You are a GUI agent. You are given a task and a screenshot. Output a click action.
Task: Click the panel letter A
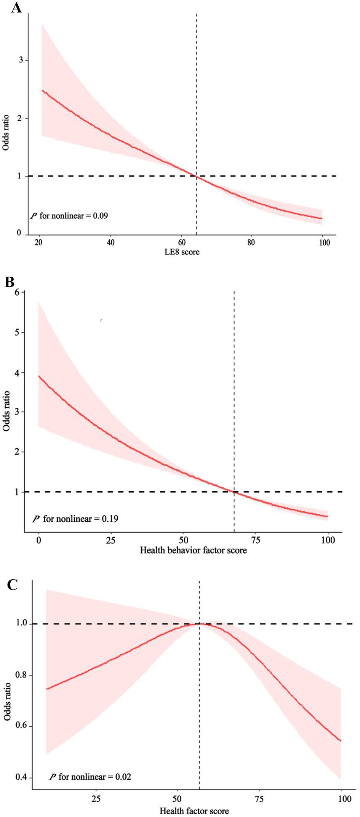click(16, 7)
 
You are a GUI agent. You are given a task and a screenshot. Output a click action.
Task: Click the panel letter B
click(10, 282)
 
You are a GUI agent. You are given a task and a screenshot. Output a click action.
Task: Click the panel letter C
click(12, 585)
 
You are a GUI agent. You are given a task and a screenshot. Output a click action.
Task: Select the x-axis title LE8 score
click(182, 252)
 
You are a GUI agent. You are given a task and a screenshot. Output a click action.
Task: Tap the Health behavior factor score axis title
click(193, 550)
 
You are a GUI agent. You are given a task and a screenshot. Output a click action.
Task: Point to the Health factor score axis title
click(194, 811)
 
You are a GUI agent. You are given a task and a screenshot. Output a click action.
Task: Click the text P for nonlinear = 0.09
click(69, 216)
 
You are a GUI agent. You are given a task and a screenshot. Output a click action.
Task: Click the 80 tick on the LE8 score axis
click(251, 242)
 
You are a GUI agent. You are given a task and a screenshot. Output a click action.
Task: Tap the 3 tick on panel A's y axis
click(21, 60)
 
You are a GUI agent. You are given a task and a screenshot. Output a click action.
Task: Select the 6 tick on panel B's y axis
click(17, 292)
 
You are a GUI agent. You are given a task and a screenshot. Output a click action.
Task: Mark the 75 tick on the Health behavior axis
click(256, 540)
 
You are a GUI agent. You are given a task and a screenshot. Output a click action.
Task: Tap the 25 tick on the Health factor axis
click(96, 799)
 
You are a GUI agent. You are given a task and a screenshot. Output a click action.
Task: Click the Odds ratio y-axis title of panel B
click(6, 411)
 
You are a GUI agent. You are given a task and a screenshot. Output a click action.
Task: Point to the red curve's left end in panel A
click(42, 91)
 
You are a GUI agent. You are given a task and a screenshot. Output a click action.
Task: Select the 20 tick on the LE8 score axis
click(38, 242)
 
